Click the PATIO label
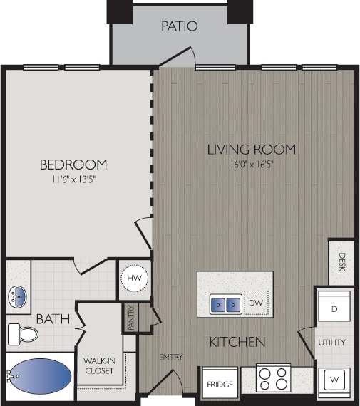[x=179, y=26]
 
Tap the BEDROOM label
[x=73, y=165]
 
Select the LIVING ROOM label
[x=251, y=150]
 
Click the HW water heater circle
[x=133, y=279]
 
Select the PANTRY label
[x=132, y=318]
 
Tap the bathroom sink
[x=17, y=294]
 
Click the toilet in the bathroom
[x=24, y=333]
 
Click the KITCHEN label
[x=237, y=342]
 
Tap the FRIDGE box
[x=220, y=385]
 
